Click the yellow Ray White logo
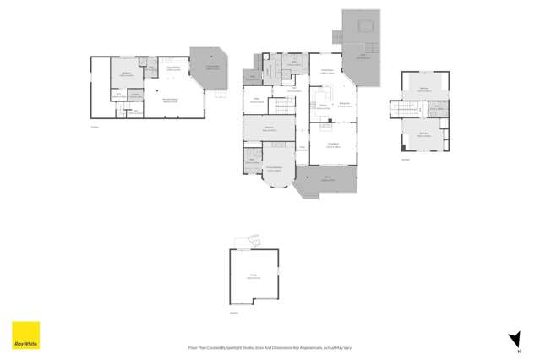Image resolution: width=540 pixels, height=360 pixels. click(x=25, y=335)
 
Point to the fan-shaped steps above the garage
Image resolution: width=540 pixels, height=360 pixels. click(x=246, y=242)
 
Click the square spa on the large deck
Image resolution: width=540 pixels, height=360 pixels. click(x=365, y=26)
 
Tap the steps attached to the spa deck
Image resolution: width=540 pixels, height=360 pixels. click(x=336, y=36)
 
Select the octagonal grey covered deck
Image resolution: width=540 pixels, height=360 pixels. click(x=209, y=68)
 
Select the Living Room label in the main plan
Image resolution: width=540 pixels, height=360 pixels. click(x=332, y=146)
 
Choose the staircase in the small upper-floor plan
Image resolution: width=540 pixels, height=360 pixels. click(x=417, y=109)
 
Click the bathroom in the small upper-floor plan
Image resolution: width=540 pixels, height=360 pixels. click(x=438, y=107)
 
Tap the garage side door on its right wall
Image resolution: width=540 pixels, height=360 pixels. click(x=278, y=272)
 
